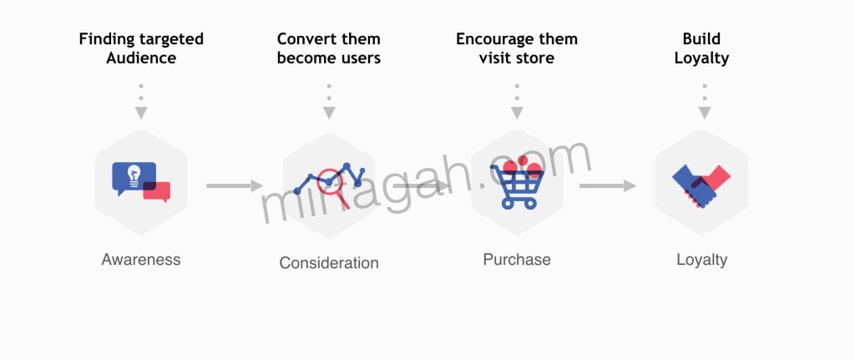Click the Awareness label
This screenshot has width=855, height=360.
(x=141, y=259)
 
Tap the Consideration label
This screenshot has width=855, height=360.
(x=329, y=263)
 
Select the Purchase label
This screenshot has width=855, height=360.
(x=517, y=259)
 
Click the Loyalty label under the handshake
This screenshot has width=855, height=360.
(x=701, y=260)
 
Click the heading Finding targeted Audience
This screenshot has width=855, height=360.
(x=141, y=48)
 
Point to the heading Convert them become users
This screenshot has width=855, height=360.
(x=329, y=48)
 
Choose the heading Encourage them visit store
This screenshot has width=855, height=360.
(x=517, y=48)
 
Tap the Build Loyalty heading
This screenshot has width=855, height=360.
(x=701, y=48)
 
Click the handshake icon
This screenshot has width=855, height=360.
(x=701, y=185)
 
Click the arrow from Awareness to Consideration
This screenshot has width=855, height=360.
(x=234, y=185)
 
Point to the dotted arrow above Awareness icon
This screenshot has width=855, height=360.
(x=141, y=102)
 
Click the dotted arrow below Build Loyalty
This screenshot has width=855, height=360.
(x=705, y=102)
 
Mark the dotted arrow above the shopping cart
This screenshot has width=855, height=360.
(x=517, y=102)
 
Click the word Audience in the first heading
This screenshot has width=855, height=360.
(x=141, y=58)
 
